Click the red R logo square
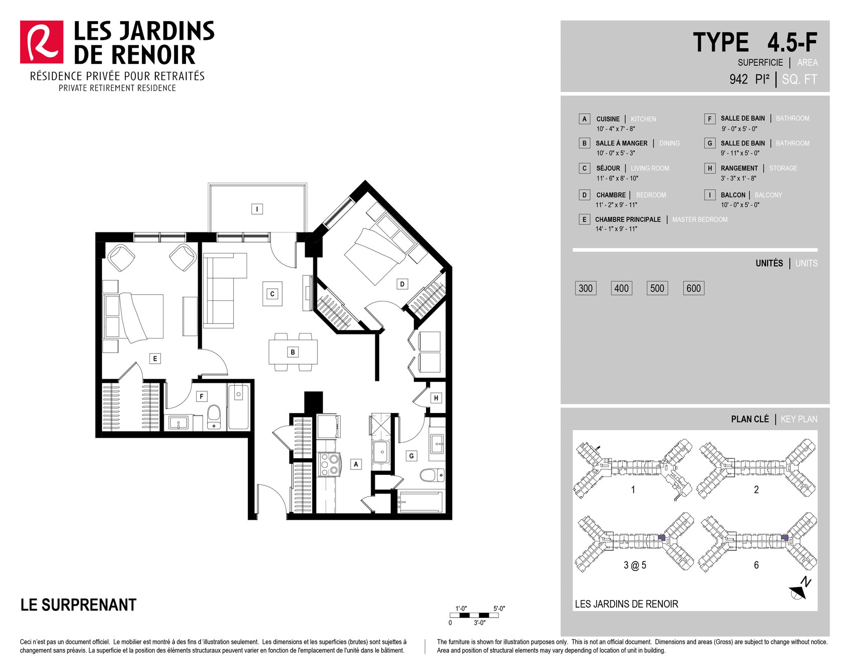[42, 42]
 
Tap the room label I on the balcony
[257, 209]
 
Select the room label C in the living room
[272, 294]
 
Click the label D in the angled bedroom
[402, 284]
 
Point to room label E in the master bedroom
[155, 359]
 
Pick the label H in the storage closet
[436, 398]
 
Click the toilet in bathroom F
[214, 417]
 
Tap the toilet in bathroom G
[432, 475]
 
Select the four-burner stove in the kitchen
[329, 465]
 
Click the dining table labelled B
[293, 352]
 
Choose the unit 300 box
[585, 288]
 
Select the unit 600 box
[694, 288]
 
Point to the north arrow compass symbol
[800, 590]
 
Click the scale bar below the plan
[474, 615]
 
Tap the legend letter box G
[710, 143]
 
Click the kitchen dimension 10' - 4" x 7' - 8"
[616, 129]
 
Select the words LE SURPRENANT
[78, 605]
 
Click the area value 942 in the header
[738, 79]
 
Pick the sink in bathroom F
[178, 423]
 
